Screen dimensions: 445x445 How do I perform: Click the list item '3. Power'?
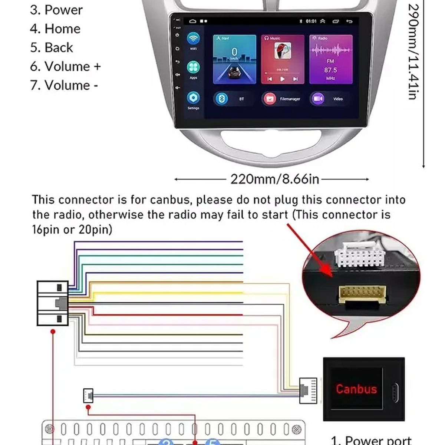56,10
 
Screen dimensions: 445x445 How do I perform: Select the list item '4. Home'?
55,29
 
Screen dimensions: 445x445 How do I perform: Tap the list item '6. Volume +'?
65,67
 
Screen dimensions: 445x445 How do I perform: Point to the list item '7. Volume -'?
64,86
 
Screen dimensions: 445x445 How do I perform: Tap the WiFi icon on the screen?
193,39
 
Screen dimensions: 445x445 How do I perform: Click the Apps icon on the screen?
193,67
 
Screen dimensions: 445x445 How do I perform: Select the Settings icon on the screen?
193,98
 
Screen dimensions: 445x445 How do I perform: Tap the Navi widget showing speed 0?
234,59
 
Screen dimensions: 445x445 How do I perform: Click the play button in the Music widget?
282,79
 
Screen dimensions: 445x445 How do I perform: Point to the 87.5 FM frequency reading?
330,70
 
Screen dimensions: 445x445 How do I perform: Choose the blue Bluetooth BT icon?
222,99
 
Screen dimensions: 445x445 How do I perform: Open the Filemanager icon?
270,99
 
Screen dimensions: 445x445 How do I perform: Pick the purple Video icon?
318,99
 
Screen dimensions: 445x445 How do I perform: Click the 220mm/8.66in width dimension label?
274,179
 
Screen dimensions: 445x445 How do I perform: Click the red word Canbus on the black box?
356,389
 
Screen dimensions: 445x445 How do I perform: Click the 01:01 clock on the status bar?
311,22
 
